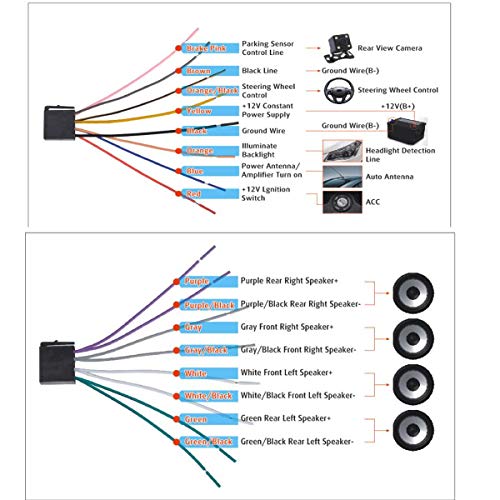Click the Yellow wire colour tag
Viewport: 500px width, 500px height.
[x=207, y=111]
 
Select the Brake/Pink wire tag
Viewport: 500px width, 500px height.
[x=207, y=49]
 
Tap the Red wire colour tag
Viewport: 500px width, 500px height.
[x=207, y=193]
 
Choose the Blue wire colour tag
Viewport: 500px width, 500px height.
[x=207, y=172]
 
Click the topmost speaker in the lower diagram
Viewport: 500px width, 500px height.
[x=411, y=293]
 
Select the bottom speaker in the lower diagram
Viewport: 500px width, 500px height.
[x=411, y=429]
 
